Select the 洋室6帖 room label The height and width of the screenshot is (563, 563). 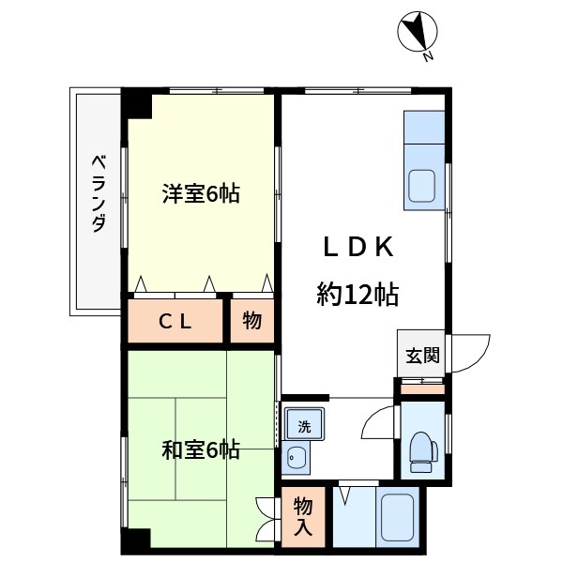[x=201, y=194]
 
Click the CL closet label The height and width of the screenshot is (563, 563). [x=175, y=321]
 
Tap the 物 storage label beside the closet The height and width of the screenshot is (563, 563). [x=251, y=321]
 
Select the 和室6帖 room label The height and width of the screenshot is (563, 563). [x=201, y=451]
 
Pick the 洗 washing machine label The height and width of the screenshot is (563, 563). [x=303, y=425]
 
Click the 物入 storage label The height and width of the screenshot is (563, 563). [x=302, y=515]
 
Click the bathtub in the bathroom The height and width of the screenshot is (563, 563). [x=397, y=515]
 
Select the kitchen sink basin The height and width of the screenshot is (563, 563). [x=421, y=184]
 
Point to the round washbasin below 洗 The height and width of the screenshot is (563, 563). [x=297, y=459]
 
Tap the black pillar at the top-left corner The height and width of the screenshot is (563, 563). [x=139, y=100]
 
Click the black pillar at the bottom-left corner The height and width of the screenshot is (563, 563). [x=136, y=541]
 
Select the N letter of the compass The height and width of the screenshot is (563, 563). [x=428, y=57]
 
